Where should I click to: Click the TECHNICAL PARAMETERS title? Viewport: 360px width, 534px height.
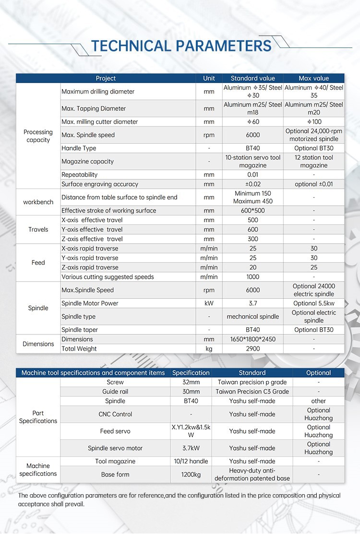(181, 46)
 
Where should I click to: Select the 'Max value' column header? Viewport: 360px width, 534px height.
(313, 78)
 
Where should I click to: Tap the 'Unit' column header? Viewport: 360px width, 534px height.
(209, 78)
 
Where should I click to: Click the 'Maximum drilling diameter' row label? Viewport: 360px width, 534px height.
(98, 92)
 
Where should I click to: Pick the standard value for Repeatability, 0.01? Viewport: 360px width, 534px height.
(252, 175)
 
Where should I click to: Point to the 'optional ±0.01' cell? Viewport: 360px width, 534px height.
(313, 184)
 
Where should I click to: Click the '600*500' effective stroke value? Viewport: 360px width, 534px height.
(252, 211)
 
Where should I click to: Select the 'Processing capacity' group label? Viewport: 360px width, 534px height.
(38, 136)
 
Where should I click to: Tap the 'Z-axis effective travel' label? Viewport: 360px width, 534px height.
(92, 239)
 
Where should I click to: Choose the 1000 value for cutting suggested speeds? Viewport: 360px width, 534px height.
(252, 277)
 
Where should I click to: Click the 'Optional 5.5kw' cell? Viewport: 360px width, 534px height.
(313, 303)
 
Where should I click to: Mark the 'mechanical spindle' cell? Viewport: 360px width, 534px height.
(252, 317)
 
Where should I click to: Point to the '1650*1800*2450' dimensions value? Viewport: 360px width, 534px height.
(252, 339)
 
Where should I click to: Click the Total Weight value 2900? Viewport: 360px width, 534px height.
(252, 349)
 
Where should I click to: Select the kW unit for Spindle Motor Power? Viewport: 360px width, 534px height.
(209, 303)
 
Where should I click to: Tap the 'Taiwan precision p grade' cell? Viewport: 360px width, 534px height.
(252, 382)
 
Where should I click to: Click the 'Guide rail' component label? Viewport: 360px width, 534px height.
(115, 392)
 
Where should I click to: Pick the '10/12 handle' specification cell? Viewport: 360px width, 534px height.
(191, 461)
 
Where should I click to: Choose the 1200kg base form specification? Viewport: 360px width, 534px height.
(191, 475)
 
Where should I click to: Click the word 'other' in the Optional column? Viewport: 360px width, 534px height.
(318, 401)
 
